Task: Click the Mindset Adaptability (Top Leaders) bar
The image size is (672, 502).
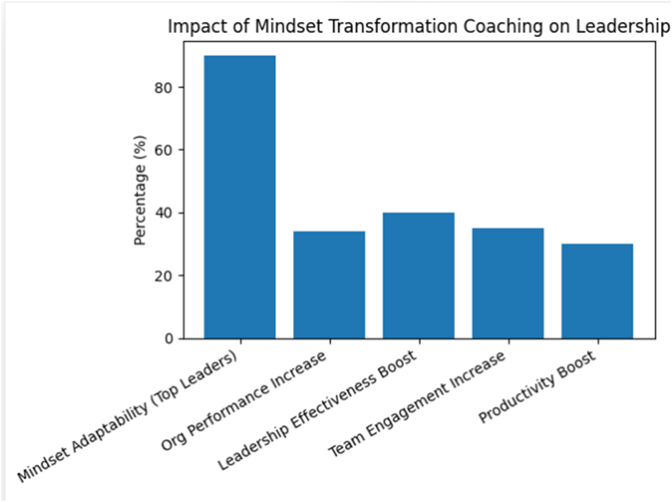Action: [240, 197]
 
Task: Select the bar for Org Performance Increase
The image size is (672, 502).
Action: [329, 285]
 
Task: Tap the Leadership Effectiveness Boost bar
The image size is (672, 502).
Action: [419, 275]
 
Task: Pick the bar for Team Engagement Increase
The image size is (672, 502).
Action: [508, 284]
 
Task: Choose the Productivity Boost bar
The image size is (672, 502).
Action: [597, 291]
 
